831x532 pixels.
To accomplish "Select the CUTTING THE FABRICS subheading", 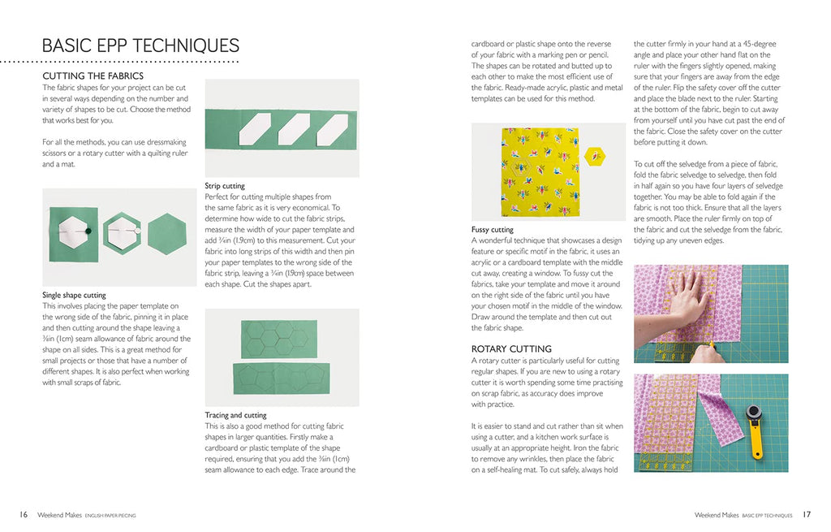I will tap(98, 76).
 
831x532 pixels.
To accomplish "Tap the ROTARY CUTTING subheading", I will tap(511, 348).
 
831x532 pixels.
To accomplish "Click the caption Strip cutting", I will tap(225, 186).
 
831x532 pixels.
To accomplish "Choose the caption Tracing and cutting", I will tap(236, 415).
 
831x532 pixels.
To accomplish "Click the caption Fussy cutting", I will tap(493, 230).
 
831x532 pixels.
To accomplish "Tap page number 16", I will tap(24, 514).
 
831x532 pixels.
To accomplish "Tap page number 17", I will tap(807, 514).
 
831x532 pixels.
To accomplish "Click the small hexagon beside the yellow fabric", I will tap(594, 154).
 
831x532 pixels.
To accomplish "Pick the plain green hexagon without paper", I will tap(167, 234).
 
